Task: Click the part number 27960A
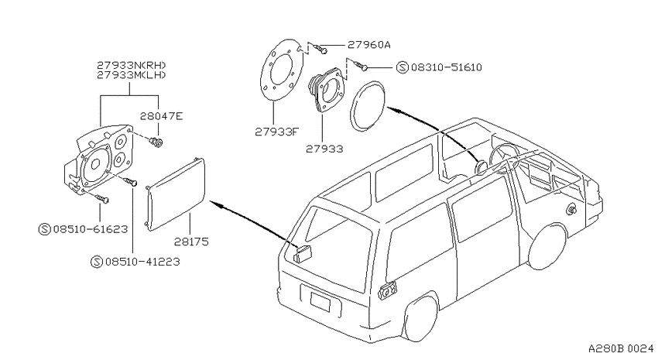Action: coord(368,44)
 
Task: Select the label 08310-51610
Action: coord(447,67)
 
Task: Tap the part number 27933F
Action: coord(277,132)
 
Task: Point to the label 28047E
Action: coord(162,116)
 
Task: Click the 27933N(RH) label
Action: coord(132,65)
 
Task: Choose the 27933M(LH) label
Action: coord(132,75)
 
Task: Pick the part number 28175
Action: coord(191,242)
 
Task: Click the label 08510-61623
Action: coord(91,229)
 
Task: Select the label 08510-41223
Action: coord(142,262)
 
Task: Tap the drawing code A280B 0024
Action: coord(621,348)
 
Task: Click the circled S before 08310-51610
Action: coord(403,67)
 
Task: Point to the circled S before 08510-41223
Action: coord(97,262)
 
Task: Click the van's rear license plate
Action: coord(320,302)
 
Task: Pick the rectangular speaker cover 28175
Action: coord(176,194)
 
